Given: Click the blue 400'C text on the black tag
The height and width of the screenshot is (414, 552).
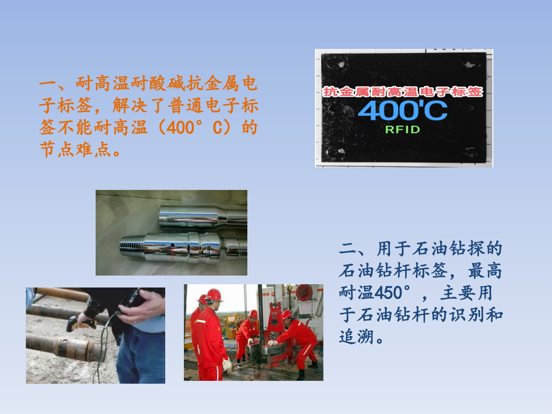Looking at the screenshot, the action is [403, 110].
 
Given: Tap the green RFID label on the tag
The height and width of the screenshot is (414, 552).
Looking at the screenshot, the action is [403, 129].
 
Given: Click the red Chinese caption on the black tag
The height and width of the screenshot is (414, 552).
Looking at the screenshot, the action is [403, 92].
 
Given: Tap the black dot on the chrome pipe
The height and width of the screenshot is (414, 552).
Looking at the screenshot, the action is [173, 245].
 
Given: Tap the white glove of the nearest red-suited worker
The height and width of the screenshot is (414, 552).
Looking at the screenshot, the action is [227, 363].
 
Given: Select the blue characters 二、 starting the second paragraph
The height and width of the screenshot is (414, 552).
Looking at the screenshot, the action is [356, 248].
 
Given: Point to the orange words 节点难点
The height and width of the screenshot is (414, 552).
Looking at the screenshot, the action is [76, 149].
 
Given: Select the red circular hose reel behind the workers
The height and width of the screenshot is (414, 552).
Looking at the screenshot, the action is [303, 293].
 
